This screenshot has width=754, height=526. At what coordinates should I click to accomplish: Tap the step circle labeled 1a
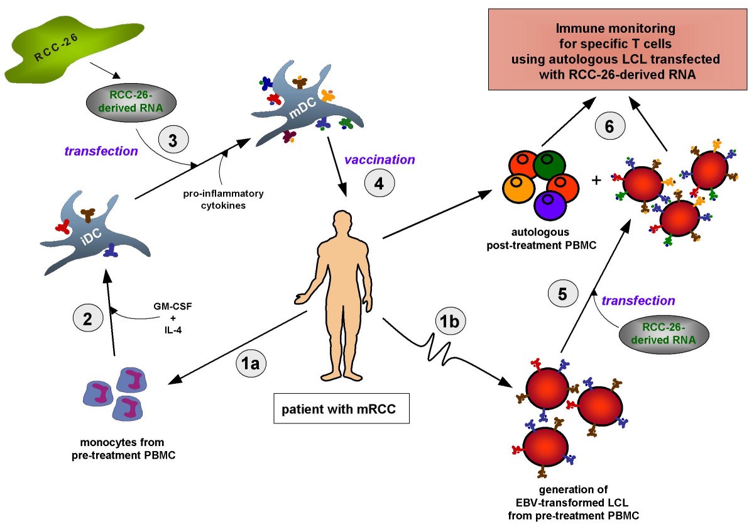click(251, 363)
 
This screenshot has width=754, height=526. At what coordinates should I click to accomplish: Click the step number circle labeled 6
click(609, 126)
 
